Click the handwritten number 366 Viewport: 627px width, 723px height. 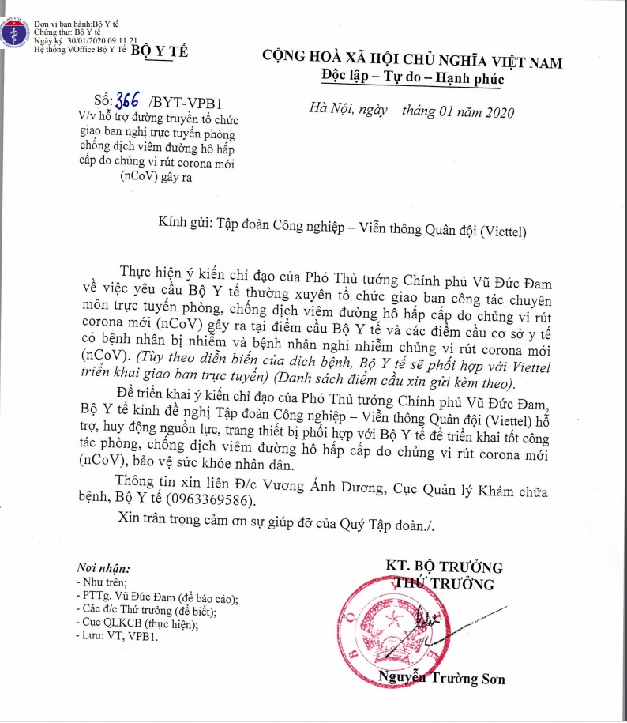(x=127, y=101)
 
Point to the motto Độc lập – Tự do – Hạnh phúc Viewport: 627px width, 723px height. (x=412, y=78)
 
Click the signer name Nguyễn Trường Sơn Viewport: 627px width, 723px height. (x=441, y=678)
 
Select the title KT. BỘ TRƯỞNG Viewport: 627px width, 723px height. (x=443, y=567)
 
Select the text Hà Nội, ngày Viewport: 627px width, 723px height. (x=348, y=111)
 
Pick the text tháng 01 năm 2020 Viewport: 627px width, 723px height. (x=457, y=111)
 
